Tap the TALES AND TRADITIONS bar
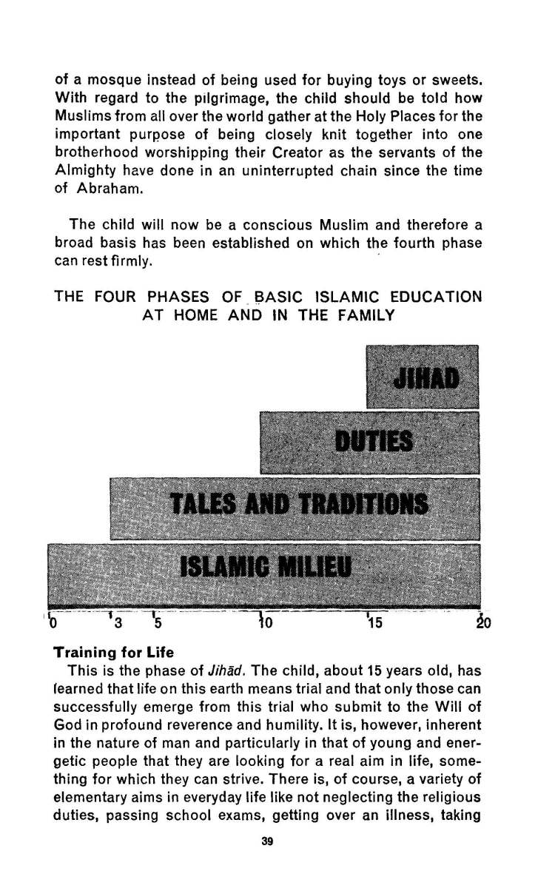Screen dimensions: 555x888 coord(295,508)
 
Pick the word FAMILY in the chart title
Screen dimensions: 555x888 coord(365,315)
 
